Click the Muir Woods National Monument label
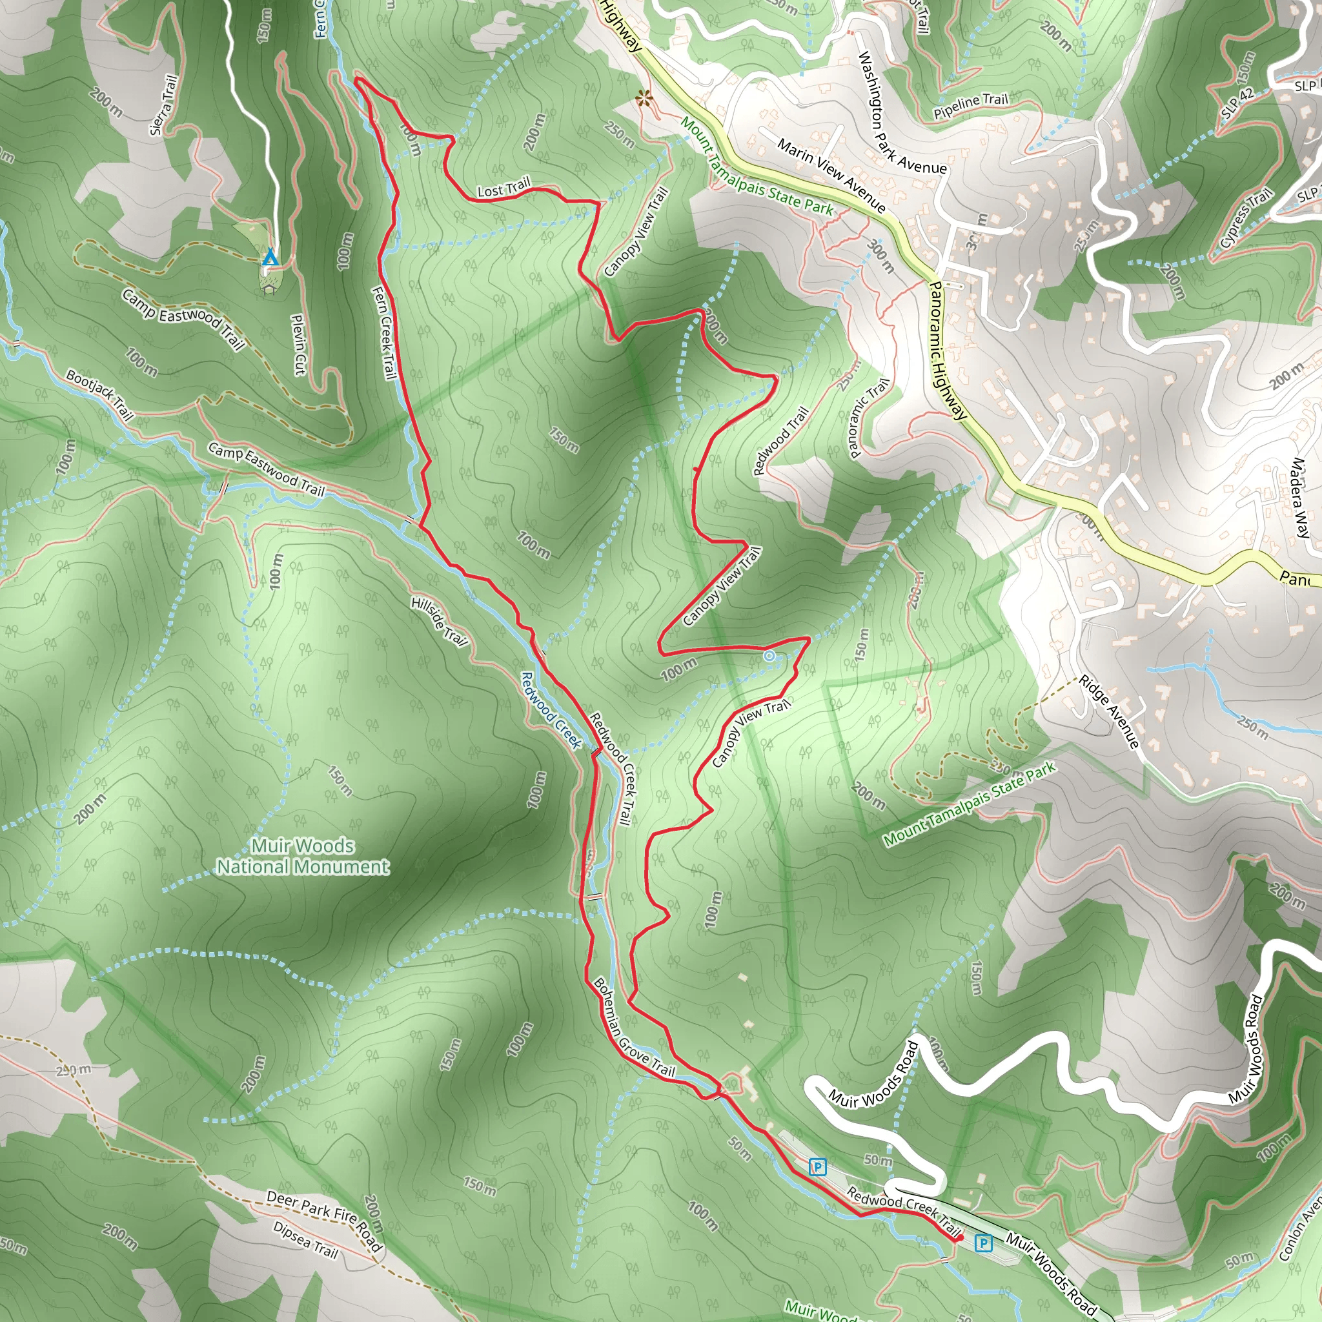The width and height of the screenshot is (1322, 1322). (x=303, y=856)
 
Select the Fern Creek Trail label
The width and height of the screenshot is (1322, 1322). (x=384, y=332)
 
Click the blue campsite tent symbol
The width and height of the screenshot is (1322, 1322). (x=270, y=258)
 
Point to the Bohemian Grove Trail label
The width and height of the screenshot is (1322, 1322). (x=635, y=1028)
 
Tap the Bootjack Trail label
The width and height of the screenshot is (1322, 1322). (x=100, y=394)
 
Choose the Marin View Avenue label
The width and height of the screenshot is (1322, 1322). (x=831, y=175)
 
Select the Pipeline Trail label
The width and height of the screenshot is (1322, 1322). (x=971, y=105)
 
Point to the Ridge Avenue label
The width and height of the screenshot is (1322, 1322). (x=1109, y=711)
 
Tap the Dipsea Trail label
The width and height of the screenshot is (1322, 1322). (x=306, y=1239)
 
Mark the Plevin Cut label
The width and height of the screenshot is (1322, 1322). (x=298, y=344)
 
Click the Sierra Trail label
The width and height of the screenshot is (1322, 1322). (x=164, y=105)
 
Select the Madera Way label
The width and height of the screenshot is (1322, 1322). (x=1299, y=498)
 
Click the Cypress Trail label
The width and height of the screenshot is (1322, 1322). (x=1246, y=218)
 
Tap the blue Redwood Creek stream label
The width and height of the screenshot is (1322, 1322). (x=551, y=709)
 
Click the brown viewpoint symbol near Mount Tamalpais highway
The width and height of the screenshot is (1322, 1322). (x=643, y=99)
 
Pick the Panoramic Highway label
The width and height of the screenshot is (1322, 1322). (x=948, y=351)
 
